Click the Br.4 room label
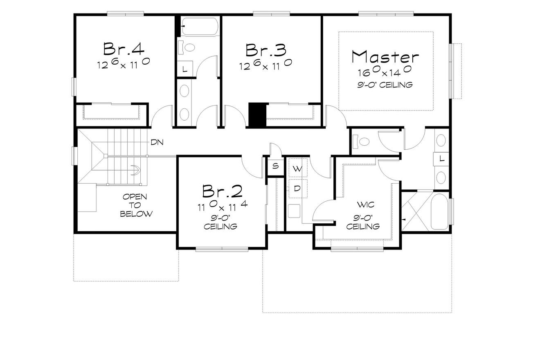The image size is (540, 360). [x=124, y=49]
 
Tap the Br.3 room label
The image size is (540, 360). [x=265, y=49]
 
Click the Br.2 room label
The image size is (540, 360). [x=223, y=191]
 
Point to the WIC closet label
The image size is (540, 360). [x=365, y=204]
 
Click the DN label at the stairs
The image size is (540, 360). [x=157, y=142]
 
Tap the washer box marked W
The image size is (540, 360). [x=298, y=168]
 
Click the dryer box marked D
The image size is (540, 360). [x=298, y=189]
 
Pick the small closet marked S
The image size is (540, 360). [x=275, y=166]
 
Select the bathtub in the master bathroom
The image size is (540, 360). [x=440, y=211]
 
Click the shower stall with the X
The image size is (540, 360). [x=415, y=211]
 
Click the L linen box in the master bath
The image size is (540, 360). [x=442, y=159]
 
